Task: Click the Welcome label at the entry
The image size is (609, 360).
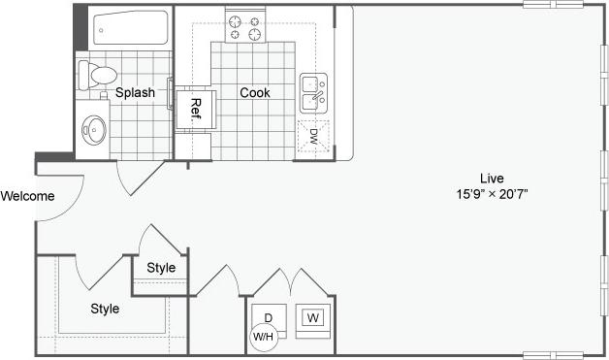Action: coord(27,196)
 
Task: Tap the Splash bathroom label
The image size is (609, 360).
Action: coord(135,93)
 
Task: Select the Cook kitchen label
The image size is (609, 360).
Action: coord(255,93)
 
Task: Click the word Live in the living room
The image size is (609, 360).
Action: coord(491,178)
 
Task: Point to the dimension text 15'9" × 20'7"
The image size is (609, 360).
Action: coord(491,194)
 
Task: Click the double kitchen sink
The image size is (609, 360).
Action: coord(313,94)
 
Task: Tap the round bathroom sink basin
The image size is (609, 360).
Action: coord(95,128)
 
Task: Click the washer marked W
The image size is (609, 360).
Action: coord(313,318)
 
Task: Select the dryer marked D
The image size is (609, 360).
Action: coord(269,318)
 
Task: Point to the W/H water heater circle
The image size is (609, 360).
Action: coord(262,337)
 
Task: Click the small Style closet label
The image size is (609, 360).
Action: coord(161,268)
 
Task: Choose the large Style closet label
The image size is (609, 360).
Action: coord(105,309)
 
